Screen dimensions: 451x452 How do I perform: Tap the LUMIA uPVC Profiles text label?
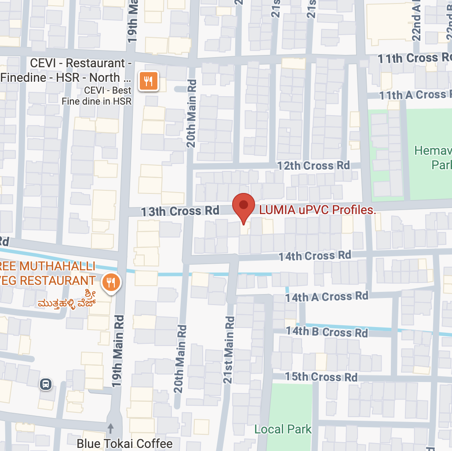tap(317, 210)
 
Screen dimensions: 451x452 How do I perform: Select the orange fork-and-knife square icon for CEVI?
tap(149, 81)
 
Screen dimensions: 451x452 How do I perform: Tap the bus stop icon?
tap(45, 385)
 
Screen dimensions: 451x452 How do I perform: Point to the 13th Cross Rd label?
tap(180, 211)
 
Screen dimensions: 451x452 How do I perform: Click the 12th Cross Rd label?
tap(313, 166)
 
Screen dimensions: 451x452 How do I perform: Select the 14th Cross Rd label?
tap(315, 256)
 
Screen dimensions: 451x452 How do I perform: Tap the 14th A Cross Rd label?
tap(326, 297)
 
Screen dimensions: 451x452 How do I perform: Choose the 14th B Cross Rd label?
tap(327, 332)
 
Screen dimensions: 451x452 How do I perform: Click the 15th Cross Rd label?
tap(321, 377)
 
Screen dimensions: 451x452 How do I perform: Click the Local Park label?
tap(283, 429)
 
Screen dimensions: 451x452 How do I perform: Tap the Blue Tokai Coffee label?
tap(124, 443)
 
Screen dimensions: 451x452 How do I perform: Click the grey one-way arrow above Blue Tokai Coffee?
tap(110, 427)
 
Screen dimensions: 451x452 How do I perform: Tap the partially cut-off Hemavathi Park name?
tap(433, 157)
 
